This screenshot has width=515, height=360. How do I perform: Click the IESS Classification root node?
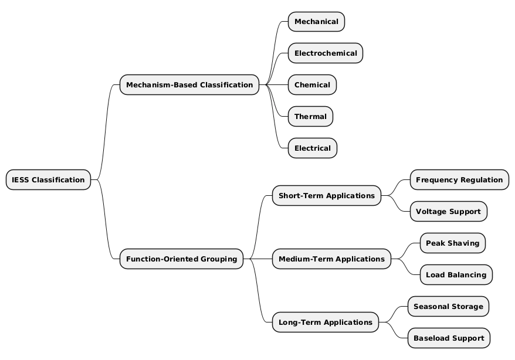(x=48, y=179)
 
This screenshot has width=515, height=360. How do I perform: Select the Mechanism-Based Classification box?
(x=189, y=85)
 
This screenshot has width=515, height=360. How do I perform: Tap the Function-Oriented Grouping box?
(x=181, y=259)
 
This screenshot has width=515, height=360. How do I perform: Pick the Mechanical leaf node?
(x=316, y=22)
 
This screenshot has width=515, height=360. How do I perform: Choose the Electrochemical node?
(x=326, y=53)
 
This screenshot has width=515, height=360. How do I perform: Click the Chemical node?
(x=312, y=85)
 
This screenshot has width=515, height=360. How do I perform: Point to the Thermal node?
(x=310, y=117)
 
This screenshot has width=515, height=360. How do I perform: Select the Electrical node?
(x=313, y=148)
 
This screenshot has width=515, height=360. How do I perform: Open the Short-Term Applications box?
(x=326, y=195)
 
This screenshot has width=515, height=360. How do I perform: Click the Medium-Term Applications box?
(x=331, y=259)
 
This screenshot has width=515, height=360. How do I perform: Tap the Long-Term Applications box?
(x=325, y=322)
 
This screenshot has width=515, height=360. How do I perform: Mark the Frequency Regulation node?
(x=459, y=179)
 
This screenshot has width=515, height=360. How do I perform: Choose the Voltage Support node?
(x=448, y=211)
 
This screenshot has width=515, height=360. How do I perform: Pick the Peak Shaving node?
(x=452, y=243)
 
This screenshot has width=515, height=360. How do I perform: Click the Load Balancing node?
(x=456, y=274)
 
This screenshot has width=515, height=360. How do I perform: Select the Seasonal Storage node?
(x=448, y=306)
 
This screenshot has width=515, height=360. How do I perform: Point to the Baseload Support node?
(x=449, y=338)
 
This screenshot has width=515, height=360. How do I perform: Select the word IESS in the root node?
(x=21, y=179)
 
